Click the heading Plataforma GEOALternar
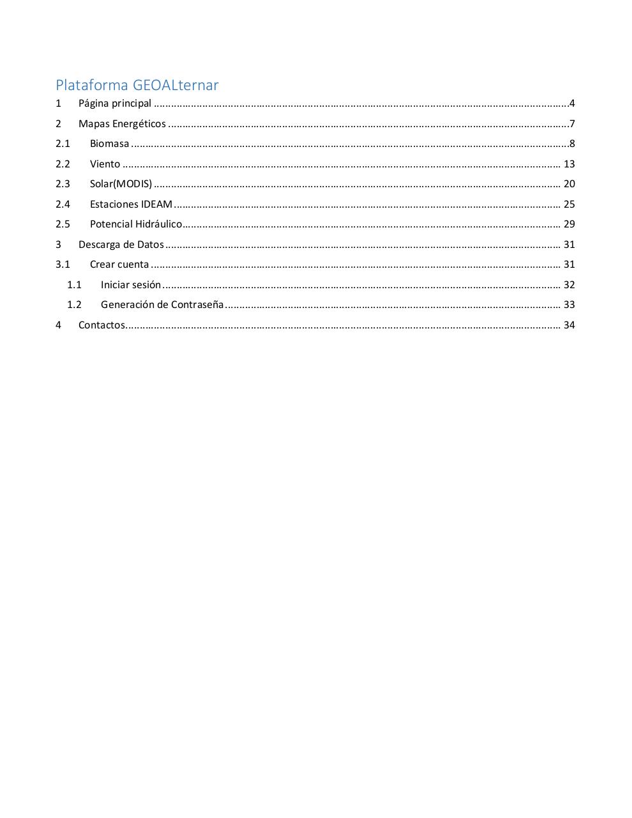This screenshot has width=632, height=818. click(137, 85)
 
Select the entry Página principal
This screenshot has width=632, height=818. click(115, 104)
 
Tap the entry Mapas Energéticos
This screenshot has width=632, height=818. click(122, 124)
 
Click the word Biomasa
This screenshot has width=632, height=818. click(109, 144)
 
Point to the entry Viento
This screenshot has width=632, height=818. click(105, 164)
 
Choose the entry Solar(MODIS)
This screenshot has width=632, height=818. click(121, 184)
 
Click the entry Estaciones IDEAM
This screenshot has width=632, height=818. click(131, 204)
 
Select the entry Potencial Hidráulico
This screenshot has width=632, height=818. click(135, 224)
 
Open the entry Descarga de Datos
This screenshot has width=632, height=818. click(121, 245)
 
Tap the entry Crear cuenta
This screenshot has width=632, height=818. click(119, 265)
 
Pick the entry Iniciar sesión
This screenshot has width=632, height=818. click(131, 285)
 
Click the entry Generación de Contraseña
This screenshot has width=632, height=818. click(162, 305)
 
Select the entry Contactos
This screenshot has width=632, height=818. click(102, 325)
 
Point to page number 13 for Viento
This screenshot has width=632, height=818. click(569, 164)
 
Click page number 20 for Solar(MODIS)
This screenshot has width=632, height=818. click(569, 184)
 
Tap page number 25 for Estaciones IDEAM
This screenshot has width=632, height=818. click(569, 204)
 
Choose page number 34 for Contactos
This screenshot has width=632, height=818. click(569, 325)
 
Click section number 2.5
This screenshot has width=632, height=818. click(63, 224)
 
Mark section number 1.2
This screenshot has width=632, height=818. click(74, 305)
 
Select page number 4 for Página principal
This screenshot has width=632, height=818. click(572, 104)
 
